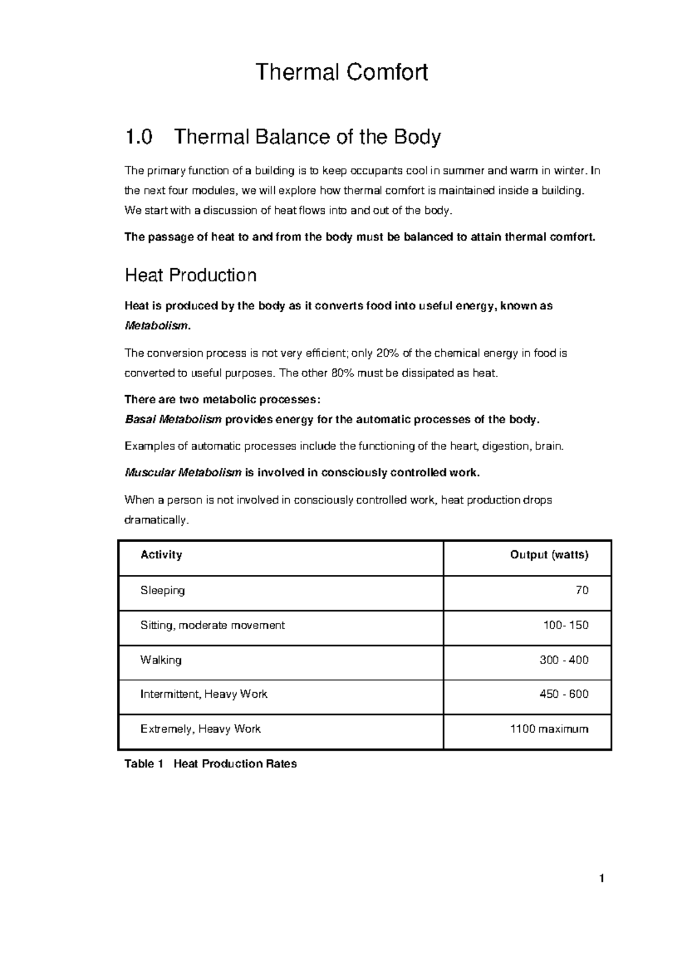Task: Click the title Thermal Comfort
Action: coord(342,73)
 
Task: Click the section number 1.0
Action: coord(139,137)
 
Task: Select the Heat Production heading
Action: coord(190,276)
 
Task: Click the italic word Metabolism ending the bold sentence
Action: coord(156,326)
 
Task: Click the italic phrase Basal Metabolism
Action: coord(173,420)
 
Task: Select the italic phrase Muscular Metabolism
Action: coord(183,473)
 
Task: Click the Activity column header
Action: coord(161,555)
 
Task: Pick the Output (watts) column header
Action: coord(549,555)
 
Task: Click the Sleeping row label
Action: coord(163,590)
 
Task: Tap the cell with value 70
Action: coord(582,590)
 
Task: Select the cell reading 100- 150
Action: coord(565,625)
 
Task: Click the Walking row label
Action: coord(161,660)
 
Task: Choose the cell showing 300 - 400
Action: coord(563,660)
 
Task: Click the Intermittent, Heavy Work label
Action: coord(204,694)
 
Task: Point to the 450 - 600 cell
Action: coord(563,694)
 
